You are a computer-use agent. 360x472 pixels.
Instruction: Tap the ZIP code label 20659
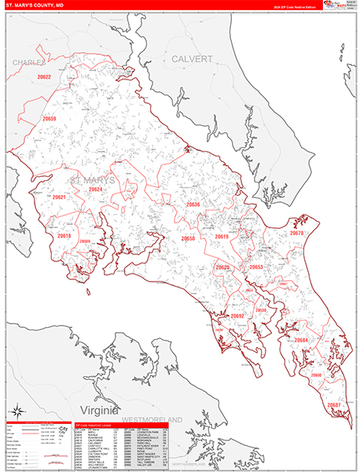pyautogui.click(x=50, y=119)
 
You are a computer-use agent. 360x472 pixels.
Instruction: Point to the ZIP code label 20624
pyautogui.click(x=96, y=190)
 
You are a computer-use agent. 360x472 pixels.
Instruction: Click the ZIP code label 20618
pyautogui.click(x=64, y=236)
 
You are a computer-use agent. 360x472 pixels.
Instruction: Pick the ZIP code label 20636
pyautogui.click(x=193, y=205)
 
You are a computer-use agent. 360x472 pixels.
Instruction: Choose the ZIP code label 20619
pyautogui.click(x=222, y=237)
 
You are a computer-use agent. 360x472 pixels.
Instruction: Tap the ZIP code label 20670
pyautogui.click(x=296, y=234)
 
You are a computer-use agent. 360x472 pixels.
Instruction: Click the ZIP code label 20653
pyautogui.click(x=255, y=267)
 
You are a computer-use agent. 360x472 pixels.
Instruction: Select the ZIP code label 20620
pyautogui.click(x=222, y=267)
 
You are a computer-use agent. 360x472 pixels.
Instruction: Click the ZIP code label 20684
pyautogui.click(x=301, y=340)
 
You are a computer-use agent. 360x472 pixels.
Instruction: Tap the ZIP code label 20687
pyautogui.click(x=334, y=404)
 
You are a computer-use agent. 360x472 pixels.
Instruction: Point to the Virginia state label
pyautogui.click(x=97, y=411)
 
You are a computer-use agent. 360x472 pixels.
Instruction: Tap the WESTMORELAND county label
pyautogui.click(x=162, y=419)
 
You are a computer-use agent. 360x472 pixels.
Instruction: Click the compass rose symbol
pyautogui.click(x=17, y=412)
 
